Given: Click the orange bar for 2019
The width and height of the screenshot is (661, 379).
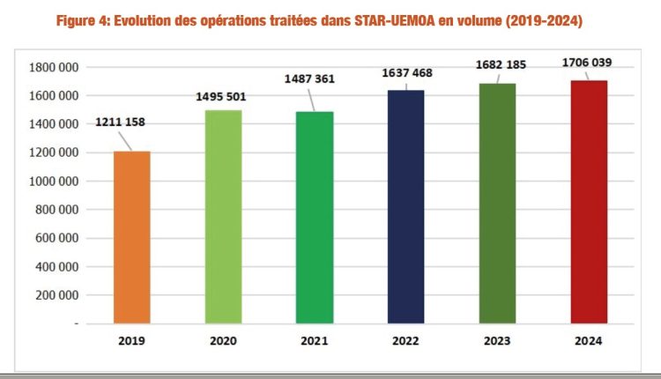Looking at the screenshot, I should click(131, 237).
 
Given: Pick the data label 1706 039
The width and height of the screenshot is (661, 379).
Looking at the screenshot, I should click(590, 62).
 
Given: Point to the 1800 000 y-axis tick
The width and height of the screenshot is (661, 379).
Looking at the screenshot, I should click(52, 67).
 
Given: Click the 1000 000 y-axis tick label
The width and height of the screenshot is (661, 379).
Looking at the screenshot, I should click(52, 182).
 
